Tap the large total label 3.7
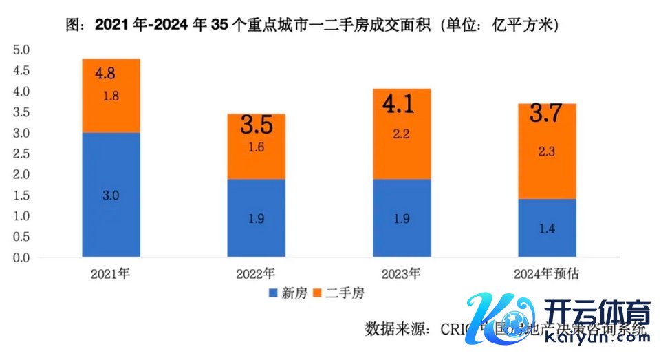point(547,114)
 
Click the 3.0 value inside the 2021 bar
point(111,195)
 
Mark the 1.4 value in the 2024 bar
point(547,229)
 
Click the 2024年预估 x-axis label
point(547,273)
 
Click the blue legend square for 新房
point(270,293)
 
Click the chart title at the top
point(312,25)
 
